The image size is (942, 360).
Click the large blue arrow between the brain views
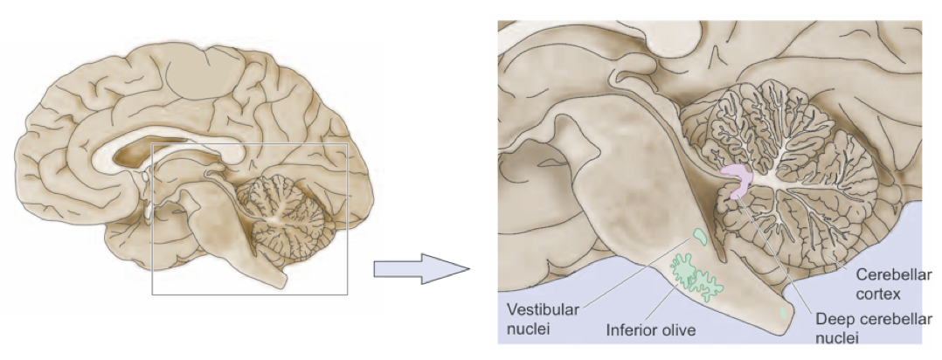(419, 270)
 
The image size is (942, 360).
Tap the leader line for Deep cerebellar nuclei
(778, 253)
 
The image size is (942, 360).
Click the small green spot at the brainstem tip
(784, 311)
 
